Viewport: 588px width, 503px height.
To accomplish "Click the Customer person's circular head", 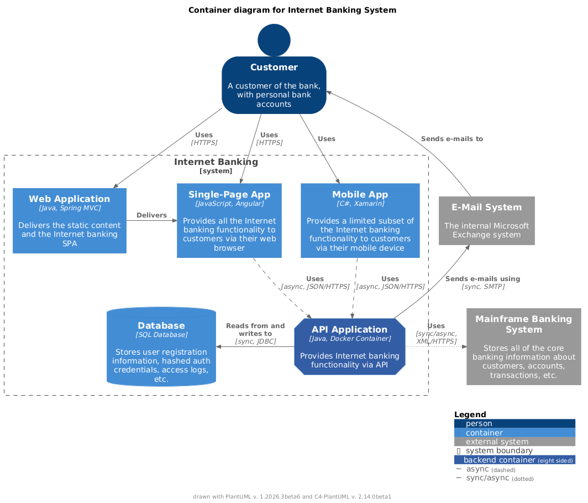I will (x=274, y=40).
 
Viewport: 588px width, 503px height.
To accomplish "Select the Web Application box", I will (x=70, y=220).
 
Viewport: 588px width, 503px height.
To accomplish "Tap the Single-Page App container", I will (x=229, y=220).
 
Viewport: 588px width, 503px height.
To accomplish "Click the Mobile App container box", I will (x=360, y=220).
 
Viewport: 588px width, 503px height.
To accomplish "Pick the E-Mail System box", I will (x=486, y=220).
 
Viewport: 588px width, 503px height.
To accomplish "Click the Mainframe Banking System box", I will (x=523, y=346).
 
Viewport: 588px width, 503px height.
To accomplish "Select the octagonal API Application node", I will (x=350, y=346).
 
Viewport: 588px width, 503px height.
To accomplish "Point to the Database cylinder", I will (x=161, y=346).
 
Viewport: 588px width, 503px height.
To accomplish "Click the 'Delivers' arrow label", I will (x=151, y=215).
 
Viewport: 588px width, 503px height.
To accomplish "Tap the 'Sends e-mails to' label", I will (x=452, y=139).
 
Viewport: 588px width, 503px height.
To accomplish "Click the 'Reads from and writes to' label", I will (x=255, y=330).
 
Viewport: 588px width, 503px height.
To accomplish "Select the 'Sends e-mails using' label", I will (x=482, y=279).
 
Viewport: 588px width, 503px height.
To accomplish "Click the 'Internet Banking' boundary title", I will (x=216, y=162).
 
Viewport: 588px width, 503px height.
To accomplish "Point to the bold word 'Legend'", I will (x=470, y=414).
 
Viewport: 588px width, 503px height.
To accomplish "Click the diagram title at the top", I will (x=292, y=10).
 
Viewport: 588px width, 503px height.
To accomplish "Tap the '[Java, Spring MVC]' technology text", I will (x=70, y=208).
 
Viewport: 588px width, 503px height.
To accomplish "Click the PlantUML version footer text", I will (x=292, y=496).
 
